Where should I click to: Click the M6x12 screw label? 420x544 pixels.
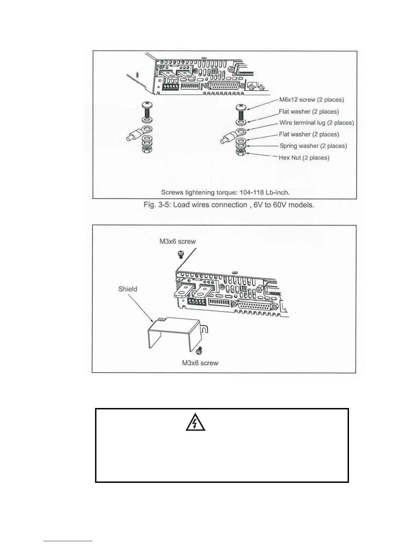coord(311,100)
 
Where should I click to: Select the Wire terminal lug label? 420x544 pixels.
coord(316,123)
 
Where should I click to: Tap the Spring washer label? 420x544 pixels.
coord(313,146)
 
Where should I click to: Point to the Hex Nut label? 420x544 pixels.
coord(304,158)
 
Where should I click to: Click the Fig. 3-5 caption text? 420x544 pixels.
coord(229,205)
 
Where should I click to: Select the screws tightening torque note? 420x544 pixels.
coord(225,192)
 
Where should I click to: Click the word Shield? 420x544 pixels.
coord(128,289)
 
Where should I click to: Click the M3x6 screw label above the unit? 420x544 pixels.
coord(177,241)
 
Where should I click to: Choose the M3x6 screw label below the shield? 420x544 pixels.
coord(200,363)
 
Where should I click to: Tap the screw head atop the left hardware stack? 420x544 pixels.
coord(147,104)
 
